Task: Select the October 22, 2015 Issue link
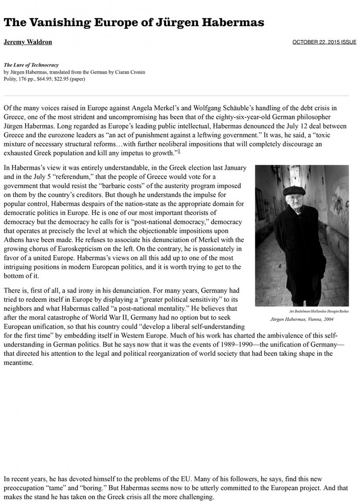click(324, 42)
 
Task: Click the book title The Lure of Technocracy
click(31, 65)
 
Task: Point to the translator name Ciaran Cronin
click(132, 72)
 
